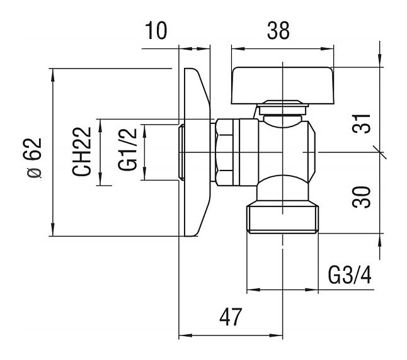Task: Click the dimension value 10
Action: pyautogui.click(x=156, y=30)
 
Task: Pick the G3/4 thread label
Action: pyautogui.click(x=350, y=275)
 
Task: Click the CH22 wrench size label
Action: pyautogui.click(x=82, y=152)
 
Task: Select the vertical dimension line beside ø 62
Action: pyautogui.click(x=53, y=152)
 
